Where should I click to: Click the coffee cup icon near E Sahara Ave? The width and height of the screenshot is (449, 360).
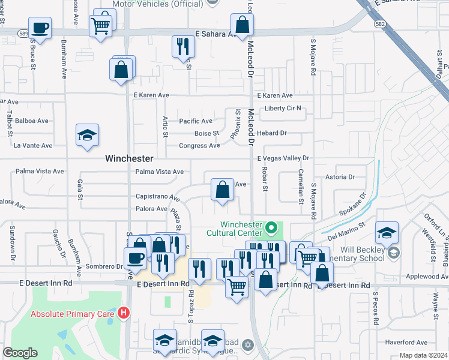[x=40, y=28]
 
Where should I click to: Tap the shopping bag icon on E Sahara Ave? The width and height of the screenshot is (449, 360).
[x=242, y=25]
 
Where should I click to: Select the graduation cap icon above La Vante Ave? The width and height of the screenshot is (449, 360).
[x=88, y=136]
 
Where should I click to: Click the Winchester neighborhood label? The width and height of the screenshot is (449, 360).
[x=129, y=159]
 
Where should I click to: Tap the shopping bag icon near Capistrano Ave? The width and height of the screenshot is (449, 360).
[x=222, y=190]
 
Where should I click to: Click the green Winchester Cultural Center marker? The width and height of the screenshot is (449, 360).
[x=271, y=228]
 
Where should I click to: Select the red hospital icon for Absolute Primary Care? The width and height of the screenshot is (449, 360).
[x=124, y=313]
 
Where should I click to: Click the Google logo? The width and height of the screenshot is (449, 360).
[x=20, y=353]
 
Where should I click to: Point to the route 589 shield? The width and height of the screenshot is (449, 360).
[x=23, y=33]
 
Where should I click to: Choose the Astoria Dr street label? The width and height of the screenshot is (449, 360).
[x=340, y=177]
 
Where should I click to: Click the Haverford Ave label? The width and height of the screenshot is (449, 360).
[x=406, y=343]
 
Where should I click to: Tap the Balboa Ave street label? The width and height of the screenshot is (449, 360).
[x=31, y=121]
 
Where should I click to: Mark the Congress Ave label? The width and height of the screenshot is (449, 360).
[x=199, y=146]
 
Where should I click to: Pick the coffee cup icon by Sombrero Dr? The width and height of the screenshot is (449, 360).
[x=135, y=259]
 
